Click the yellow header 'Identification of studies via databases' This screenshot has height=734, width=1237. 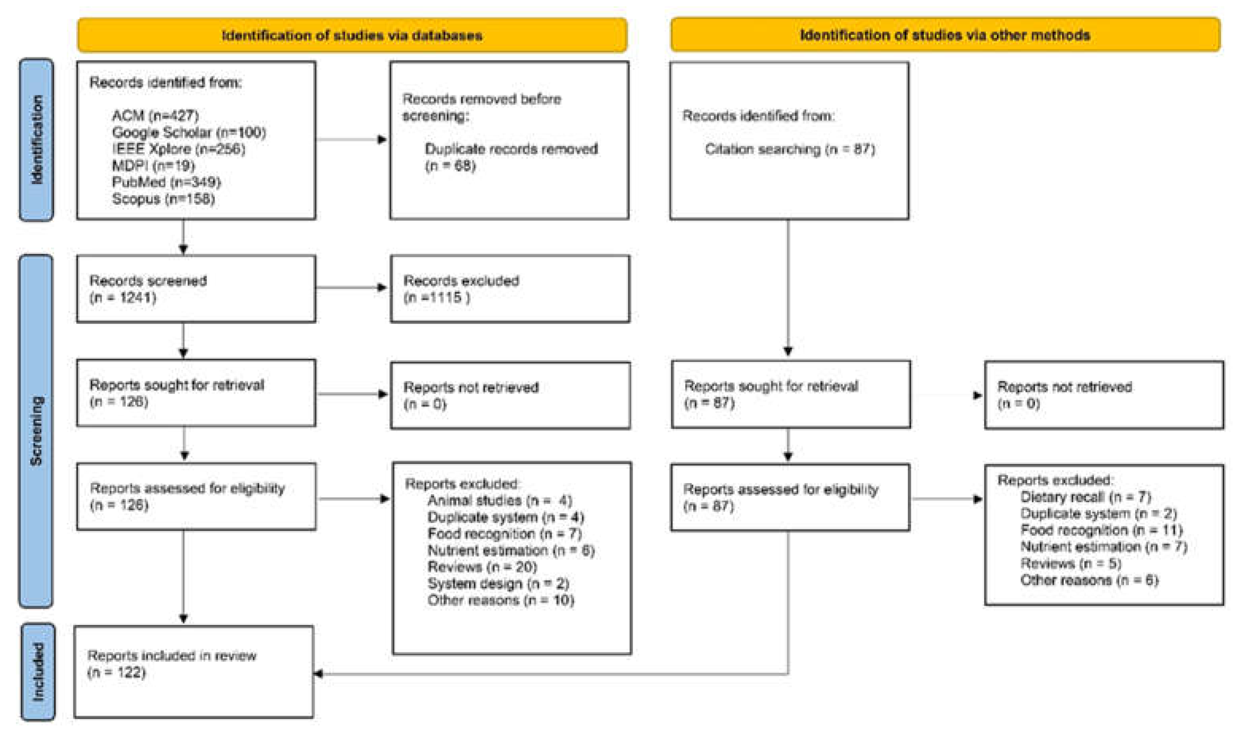point(352,35)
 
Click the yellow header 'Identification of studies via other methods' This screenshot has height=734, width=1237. point(945,35)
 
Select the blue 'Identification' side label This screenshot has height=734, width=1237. point(37,140)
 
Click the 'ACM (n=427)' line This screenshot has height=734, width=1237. point(155,116)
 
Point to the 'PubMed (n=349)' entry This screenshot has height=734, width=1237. point(166,182)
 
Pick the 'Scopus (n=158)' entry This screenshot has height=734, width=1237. point(163,199)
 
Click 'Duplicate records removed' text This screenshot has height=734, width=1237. point(511,149)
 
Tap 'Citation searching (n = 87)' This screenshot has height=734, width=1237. point(789,149)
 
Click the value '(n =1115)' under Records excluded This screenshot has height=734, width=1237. point(436,297)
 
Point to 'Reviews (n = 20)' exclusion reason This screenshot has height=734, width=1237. point(482,567)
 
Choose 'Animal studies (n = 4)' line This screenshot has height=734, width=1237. point(499,501)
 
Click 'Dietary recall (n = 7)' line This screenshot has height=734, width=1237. point(1085,497)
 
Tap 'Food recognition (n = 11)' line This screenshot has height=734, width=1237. point(1101,530)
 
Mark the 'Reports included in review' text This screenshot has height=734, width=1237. point(172,656)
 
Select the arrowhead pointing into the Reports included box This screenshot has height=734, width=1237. point(319,674)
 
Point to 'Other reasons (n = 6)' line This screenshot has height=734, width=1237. point(1089,580)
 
